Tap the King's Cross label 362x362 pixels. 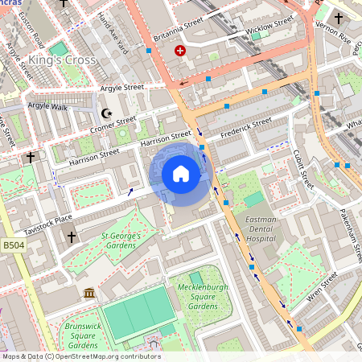click(62, 60)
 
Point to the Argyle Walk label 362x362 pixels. click(49, 105)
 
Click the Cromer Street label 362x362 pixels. click(115, 124)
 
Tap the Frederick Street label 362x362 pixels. click(246, 126)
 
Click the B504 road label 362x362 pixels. click(14, 245)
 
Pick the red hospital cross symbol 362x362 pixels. click(179, 51)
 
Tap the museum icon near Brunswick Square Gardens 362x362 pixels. click(88, 292)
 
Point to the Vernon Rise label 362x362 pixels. click(334, 36)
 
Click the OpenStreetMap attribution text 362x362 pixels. click(80, 356)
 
